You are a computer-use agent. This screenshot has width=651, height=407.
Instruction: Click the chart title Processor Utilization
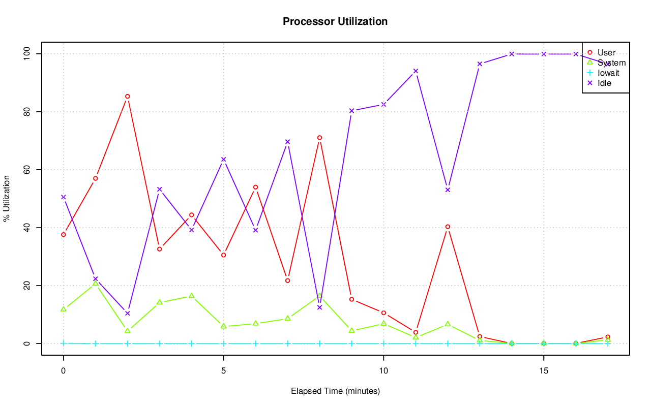[x=335, y=21]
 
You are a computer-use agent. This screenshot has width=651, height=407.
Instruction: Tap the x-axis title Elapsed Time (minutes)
[x=335, y=391]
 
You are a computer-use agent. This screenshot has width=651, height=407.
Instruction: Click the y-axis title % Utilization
[x=7, y=198]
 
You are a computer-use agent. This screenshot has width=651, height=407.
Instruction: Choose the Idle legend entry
[x=604, y=83]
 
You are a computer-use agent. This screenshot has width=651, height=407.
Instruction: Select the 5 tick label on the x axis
[x=223, y=371]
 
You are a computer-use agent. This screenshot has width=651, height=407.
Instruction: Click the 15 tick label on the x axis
[x=544, y=371]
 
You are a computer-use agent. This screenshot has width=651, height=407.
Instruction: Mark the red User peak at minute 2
[x=127, y=96]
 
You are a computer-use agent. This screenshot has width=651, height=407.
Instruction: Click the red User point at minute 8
[x=319, y=138]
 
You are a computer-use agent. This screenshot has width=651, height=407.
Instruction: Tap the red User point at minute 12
[x=448, y=227]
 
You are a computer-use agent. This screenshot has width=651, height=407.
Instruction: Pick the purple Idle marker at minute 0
[x=63, y=197]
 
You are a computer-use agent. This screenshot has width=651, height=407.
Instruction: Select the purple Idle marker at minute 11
[x=416, y=71]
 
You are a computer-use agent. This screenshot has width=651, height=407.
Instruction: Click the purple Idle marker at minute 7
[x=287, y=142]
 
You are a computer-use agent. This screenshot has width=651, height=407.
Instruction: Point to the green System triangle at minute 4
[x=191, y=296]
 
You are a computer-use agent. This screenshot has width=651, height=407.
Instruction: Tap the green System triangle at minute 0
[x=63, y=309]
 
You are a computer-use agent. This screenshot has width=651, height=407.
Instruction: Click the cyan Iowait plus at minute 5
[x=223, y=343]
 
